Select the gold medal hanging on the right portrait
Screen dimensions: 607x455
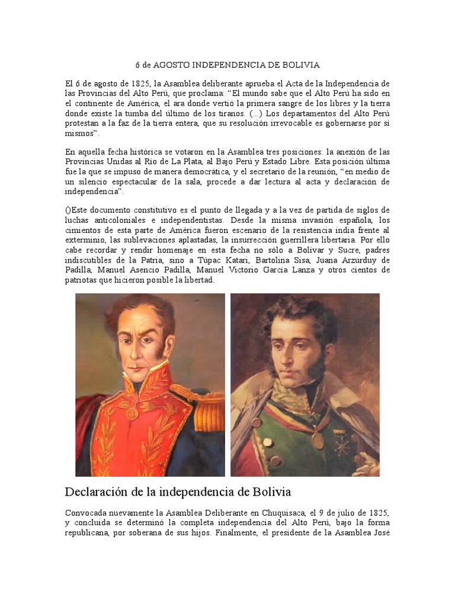coord(318,440)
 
